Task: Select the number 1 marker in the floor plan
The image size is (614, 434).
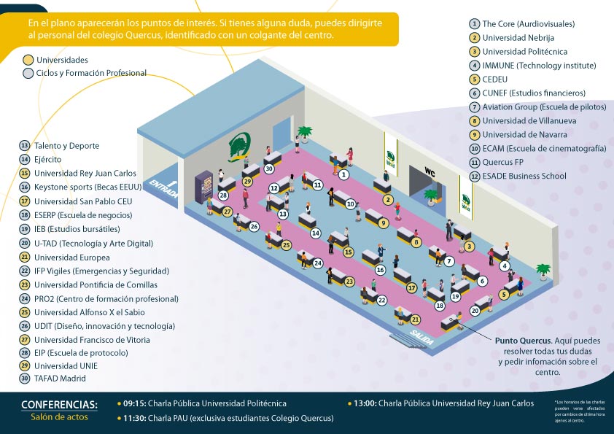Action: pos(344,174)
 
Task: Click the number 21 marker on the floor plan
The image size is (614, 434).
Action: pos(415,319)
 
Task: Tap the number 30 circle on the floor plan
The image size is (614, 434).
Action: pos(268,168)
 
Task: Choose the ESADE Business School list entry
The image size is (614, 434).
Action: pos(524,176)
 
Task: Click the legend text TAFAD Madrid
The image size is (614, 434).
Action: pos(60,379)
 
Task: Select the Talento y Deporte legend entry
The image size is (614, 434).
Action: pos(66,146)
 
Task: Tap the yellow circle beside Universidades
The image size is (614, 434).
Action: pos(28,60)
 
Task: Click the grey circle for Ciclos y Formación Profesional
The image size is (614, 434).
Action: pos(28,73)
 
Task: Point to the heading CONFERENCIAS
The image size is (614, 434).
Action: pos(59,404)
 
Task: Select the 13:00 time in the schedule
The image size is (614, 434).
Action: pos(362,403)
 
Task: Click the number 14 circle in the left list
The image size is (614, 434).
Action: pos(25,160)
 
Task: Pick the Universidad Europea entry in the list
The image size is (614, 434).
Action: pos(71,257)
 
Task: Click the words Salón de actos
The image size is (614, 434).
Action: pos(59,417)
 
